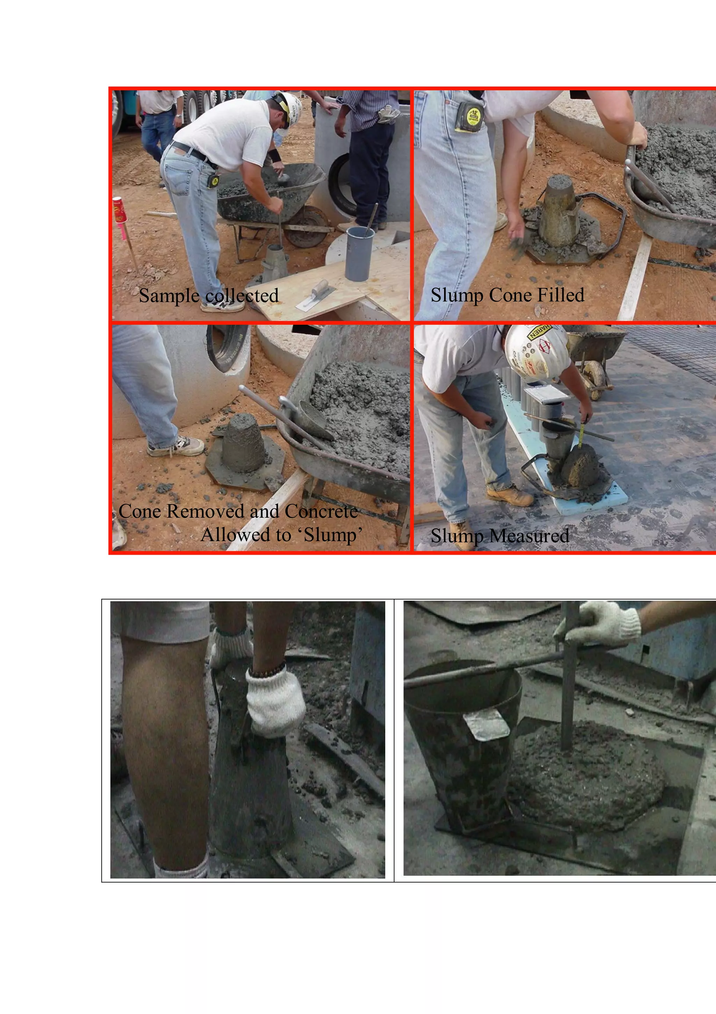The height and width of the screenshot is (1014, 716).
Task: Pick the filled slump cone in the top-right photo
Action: pyautogui.click(x=559, y=211)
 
